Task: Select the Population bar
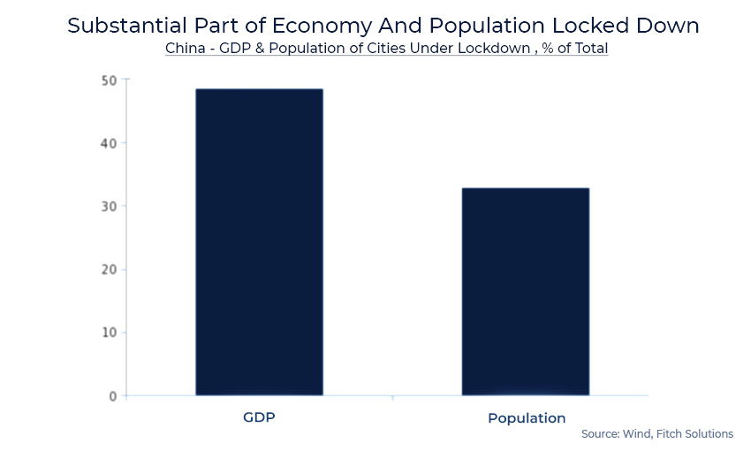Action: coord(526,291)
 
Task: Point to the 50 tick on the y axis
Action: coord(110,80)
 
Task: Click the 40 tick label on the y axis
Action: coord(110,143)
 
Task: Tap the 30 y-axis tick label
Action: coord(110,206)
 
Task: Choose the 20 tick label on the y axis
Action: coord(110,270)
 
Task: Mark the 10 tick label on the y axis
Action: coord(110,333)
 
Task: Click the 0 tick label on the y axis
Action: coord(113,396)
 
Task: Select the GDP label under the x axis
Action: coord(259,417)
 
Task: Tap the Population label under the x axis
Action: coord(527,417)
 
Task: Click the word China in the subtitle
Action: coord(184,49)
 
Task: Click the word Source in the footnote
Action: coord(601,434)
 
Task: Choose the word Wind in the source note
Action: coord(640,434)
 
